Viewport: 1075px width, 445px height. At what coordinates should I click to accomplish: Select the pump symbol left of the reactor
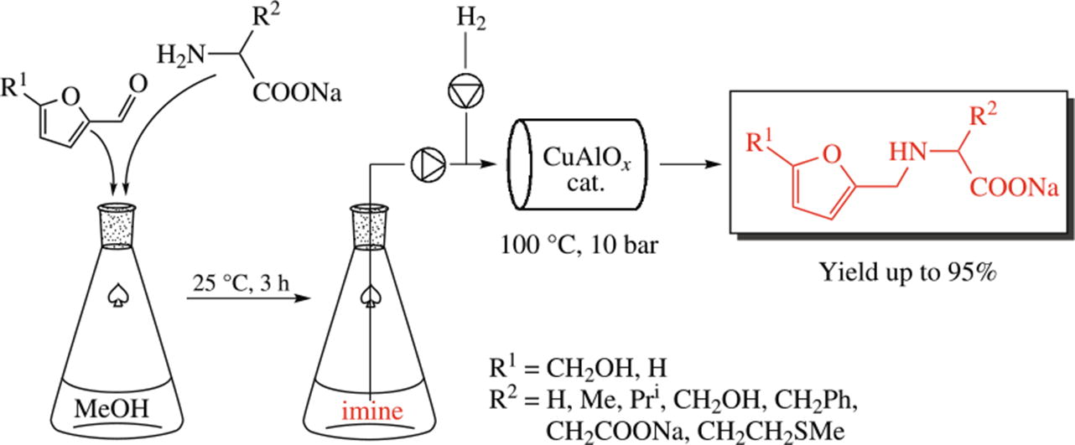(x=424, y=163)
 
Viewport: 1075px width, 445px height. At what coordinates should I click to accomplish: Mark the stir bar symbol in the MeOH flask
(x=117, y=296)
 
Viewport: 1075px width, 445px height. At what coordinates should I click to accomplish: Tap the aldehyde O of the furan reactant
(x=138, y=83)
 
